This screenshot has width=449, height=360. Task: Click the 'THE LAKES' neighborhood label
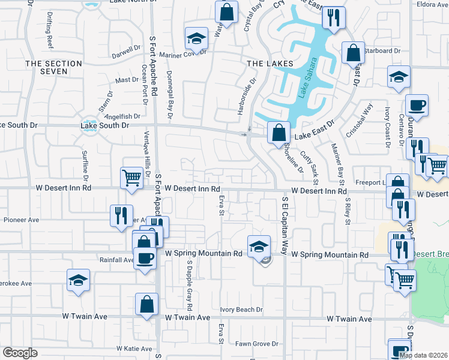270,64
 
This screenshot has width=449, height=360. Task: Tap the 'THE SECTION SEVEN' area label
53,67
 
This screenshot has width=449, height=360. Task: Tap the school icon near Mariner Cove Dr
195,39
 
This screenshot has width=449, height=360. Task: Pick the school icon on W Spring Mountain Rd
258,246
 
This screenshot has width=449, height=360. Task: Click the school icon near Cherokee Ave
78,280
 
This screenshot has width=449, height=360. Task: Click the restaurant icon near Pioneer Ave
121,215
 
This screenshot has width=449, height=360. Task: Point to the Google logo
20,353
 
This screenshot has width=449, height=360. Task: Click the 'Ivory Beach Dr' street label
241,310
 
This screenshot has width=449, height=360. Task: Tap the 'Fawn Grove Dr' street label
256,344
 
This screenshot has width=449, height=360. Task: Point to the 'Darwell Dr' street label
126,53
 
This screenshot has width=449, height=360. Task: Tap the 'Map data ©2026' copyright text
423,355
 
